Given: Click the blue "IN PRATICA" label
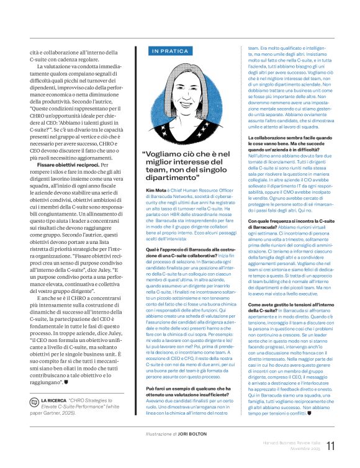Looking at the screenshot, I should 166,51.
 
